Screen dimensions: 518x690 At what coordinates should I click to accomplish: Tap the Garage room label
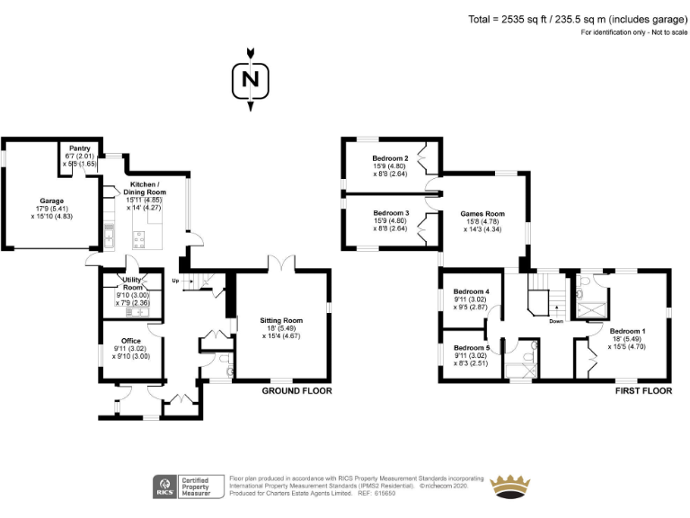click(51, 201)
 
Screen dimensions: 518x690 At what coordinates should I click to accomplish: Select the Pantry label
click(80, 148)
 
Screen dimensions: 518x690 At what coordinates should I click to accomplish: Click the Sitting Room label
click(280, 320)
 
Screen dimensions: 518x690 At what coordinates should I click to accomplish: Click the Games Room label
click(482, 214)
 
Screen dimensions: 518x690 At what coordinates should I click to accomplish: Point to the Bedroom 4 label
click(471, 292)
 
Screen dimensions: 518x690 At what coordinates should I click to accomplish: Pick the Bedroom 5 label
click(471, 347)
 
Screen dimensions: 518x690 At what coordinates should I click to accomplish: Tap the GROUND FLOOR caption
click(296, 391)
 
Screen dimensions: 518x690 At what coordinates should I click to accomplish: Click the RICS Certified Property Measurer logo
click(188, 487)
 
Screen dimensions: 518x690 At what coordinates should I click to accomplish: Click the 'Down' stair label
click(556, 320)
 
